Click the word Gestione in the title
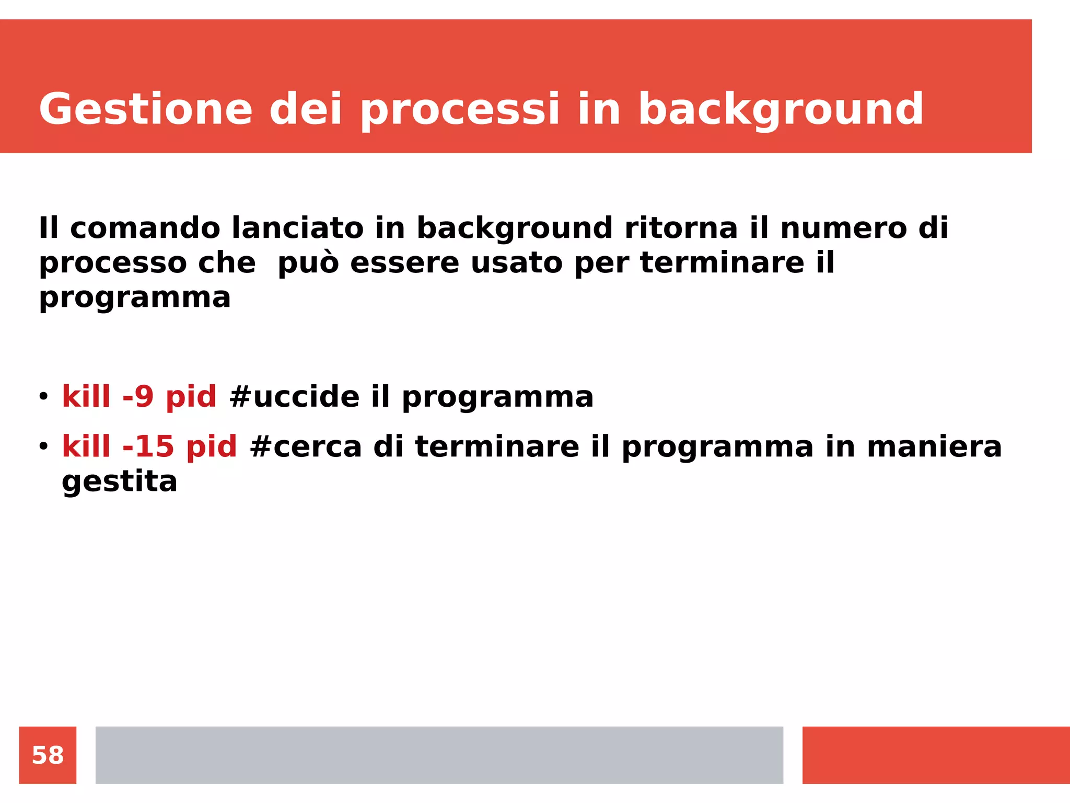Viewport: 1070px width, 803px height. [146, 109]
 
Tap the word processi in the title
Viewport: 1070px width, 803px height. [460, 109]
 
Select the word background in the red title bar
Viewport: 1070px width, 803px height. [781, 109]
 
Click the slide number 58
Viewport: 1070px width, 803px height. [48, 755]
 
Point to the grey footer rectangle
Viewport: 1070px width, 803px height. [439, 755]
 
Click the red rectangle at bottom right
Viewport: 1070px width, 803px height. [935, 755]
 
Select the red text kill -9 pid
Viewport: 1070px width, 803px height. [139, 396]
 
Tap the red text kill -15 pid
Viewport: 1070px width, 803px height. [149, 446]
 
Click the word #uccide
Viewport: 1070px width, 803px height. [294, 396]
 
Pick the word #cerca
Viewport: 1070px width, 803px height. [306, 446]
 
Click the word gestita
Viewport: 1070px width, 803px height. [120, 481]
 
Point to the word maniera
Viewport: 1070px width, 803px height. [934, 446]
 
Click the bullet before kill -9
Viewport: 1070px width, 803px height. [43, 396]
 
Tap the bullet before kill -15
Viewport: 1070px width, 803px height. [43, 446]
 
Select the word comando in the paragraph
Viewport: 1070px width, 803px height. [145, 228]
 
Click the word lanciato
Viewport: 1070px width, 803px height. [297, 228]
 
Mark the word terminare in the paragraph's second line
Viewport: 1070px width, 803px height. [722, 262]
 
